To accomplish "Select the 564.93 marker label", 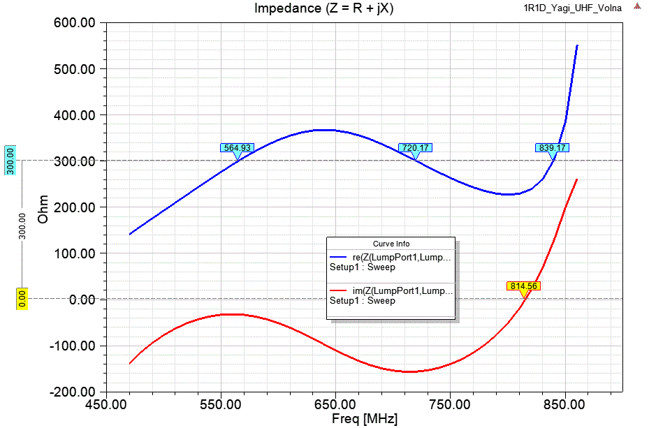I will [x=237, y=148].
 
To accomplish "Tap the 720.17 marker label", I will [x=415, y=148].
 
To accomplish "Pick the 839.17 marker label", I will [x=553, y=148].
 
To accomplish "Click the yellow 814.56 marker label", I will [x=523, y=286].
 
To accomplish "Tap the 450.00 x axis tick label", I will [x=105, y=404].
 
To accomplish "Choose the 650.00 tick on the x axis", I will [x=335, y=404].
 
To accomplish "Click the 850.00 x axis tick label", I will [x=564, y=404].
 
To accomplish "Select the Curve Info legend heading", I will [x=391, y=244].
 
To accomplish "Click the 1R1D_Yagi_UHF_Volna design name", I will [x=563, y=8].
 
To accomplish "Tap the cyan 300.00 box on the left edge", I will [x=10, y=161].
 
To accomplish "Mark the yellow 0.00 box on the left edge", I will [x=21, y=299].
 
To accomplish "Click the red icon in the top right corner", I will [x=638, y=8].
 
